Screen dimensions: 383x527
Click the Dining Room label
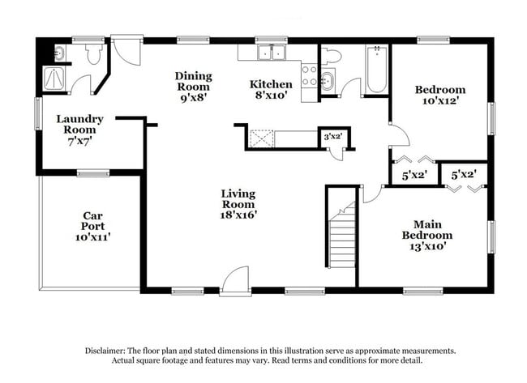pyautogui.click(x=192, y=81)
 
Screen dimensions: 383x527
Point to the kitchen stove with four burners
pyautogui.click(x=309, y=76)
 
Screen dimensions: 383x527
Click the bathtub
pyautogui.click(x=376, y=70)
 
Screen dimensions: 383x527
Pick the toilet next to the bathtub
pyautogui.click(x=332, y=55)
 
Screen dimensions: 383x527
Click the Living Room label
pyautogui.click(x=238, y=199)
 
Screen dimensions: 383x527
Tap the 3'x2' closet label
pyautogui.click(x=332, y=137)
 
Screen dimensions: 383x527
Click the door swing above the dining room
pyautogui.click(x=126, y=49)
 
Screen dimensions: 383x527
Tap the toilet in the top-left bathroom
pyautogui.click(x=93, y=54)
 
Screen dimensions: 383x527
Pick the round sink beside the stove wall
pyautogui.click(x=327, y=79)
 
